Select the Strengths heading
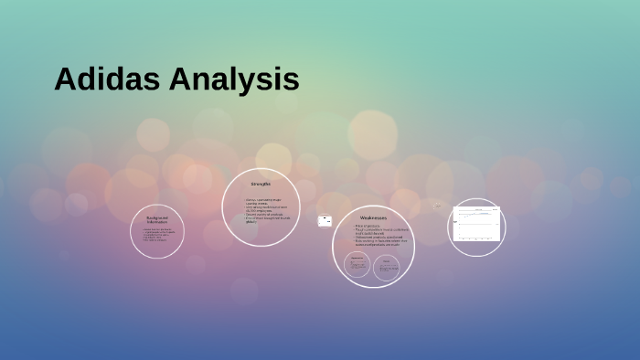[261, 185]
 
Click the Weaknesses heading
[373, 217]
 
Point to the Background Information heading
[157, 218]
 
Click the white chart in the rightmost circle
[477, 224]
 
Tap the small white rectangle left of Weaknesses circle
[325, 220]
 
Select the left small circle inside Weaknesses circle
[357, 265]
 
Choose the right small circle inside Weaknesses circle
[387, 266]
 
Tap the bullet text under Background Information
[158, 235]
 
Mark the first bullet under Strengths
[262, 200]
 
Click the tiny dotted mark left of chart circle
[438, 206]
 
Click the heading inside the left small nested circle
[357, 258]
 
